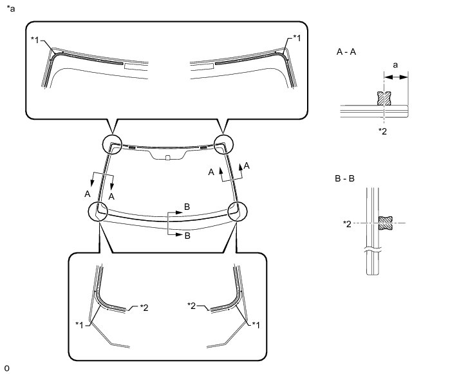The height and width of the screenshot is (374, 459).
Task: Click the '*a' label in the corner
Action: tap(10, 9)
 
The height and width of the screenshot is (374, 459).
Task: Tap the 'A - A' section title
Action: tap(346, 51)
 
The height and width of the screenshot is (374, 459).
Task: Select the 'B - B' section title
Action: tap(345, 178)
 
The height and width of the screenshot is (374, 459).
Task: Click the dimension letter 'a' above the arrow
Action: tap(395, 65)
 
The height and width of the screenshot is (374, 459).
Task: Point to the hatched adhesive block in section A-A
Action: tap(384, 98)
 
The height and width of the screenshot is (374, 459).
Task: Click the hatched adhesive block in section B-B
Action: tap(386, 223)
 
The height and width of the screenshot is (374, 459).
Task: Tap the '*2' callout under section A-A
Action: tap(382, 131)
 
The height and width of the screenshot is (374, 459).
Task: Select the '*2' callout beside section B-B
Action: tap(347, 224)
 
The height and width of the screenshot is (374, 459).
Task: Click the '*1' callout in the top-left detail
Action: tap(35, 40)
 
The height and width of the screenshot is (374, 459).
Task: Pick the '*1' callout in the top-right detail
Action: tap(297, 38)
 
